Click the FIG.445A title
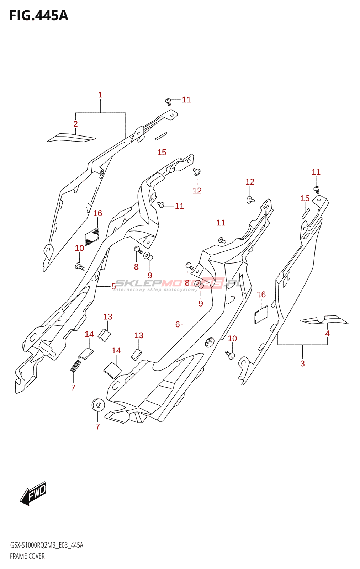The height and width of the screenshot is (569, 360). [x=38, y=16]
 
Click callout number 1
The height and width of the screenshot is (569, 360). [x=101, y=95]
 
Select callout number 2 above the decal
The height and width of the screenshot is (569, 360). [x=75, y=124]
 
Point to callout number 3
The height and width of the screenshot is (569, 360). [x=302, y=363]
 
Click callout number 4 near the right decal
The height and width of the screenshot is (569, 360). [x=327, y=334]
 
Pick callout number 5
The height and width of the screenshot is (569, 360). [x=113, y=286]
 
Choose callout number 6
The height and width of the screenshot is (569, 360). [x=178, y=324]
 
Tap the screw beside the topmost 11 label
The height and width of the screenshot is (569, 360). [x=169, y=101]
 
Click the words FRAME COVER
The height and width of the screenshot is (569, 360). [x=27, y=556]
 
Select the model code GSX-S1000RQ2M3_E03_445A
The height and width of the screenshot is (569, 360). [x=47, y=545]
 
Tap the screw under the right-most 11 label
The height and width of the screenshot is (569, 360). [x=316, y=190]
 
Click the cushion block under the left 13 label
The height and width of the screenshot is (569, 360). [x=104, y=335]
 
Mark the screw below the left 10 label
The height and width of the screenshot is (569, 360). [x=80, y=266]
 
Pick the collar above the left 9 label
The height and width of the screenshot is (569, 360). [x=148, y=256]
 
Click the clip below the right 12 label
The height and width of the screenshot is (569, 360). [x=250, y=200]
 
